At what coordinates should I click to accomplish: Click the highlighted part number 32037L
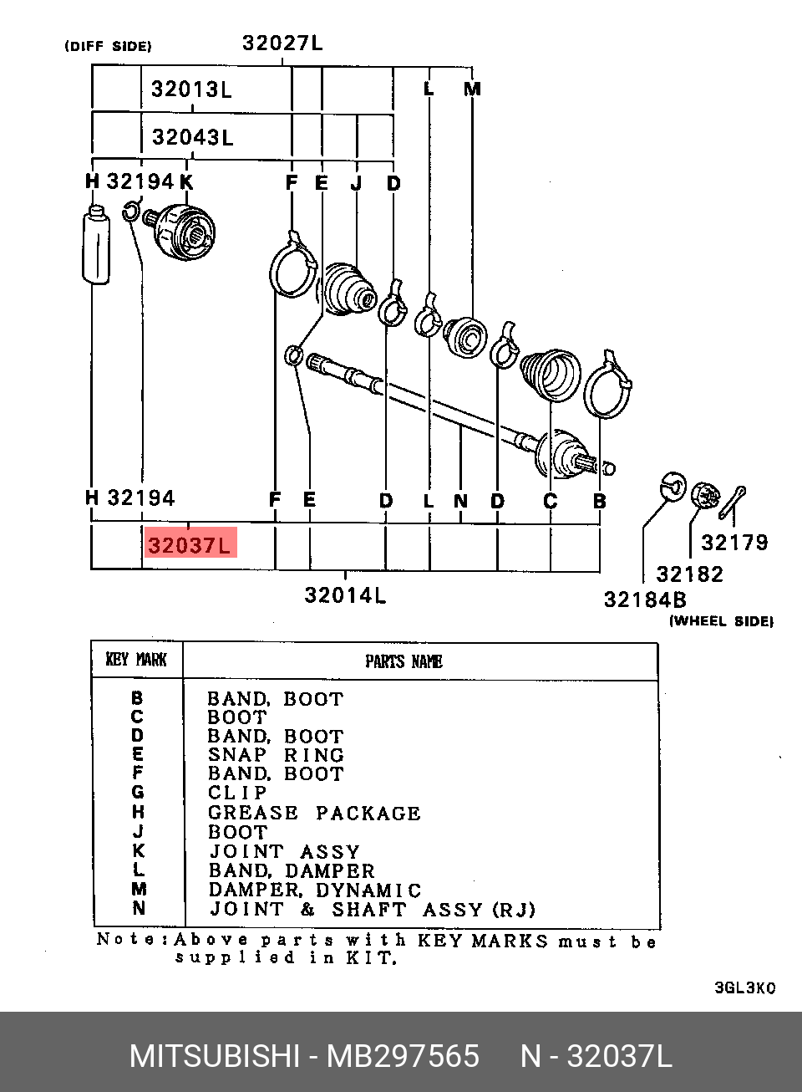pyautogui.click(x=189, y=545)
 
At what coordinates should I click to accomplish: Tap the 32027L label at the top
pyautogui.click(x=282, y=43)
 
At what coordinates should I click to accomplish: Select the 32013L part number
pyautogui.click(x=191, y=89)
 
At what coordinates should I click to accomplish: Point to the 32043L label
pyautogui.click(x=192, y=137)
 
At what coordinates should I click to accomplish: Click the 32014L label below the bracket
pyautogui.click(x=345, y=594)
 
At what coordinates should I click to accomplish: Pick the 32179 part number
pyautogui.click(x=734, y=542)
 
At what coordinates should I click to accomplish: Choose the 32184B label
pyautogui.click(x=645, y=600)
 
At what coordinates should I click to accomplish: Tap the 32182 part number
pyautogui.click(x=689, y=574)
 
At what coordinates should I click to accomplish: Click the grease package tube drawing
pyautogui.click(x=96, y=244)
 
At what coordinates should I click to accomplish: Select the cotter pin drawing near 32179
pyautogui.click(x=732, y=503)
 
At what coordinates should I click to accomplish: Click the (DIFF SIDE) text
pyautogui.click(x=108, y=46)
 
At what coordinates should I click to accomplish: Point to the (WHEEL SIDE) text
pyautogui.click(x=721, y=621)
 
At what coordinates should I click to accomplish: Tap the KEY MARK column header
pyautogui.click(x=136, y=660)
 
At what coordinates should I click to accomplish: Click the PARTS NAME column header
pyautogui.click(x=404, y=661)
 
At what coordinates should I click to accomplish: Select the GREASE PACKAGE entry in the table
pyautogui.click(x=314, y=813)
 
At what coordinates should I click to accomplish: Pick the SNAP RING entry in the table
pyautogui.click(x=276, y=755)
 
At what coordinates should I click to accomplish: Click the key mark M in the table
pyautogui.click(x=139, y=889)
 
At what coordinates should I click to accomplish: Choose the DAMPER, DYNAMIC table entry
pyautogui.click(x=315, y=890)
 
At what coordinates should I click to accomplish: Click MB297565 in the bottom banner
pyautogui.click(x=403, y=1055)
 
